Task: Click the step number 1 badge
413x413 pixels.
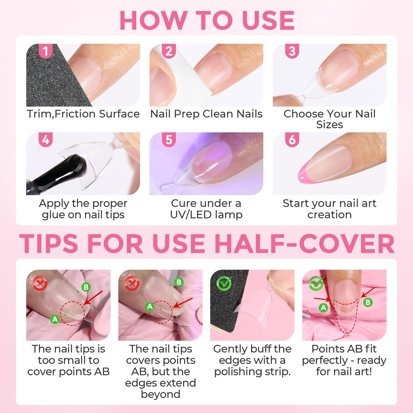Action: click(45, 51)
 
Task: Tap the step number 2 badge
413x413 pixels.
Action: click(169, 51)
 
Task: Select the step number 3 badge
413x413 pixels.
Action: click(292, 51)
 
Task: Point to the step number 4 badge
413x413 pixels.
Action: click(45, 140)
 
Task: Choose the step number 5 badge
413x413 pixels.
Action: click(169, 140)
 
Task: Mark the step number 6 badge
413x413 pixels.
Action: click(292, 140)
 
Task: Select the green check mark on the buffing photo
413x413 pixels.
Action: click(224, 283)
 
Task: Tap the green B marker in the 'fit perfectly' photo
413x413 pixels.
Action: click(368, 302)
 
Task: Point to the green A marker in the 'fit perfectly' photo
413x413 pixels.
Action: click(323, 307)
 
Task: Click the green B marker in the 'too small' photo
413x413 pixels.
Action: click(86, 287)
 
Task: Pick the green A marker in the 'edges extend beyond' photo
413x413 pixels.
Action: click(150, 306)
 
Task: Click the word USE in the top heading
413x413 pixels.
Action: click(268, 20)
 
